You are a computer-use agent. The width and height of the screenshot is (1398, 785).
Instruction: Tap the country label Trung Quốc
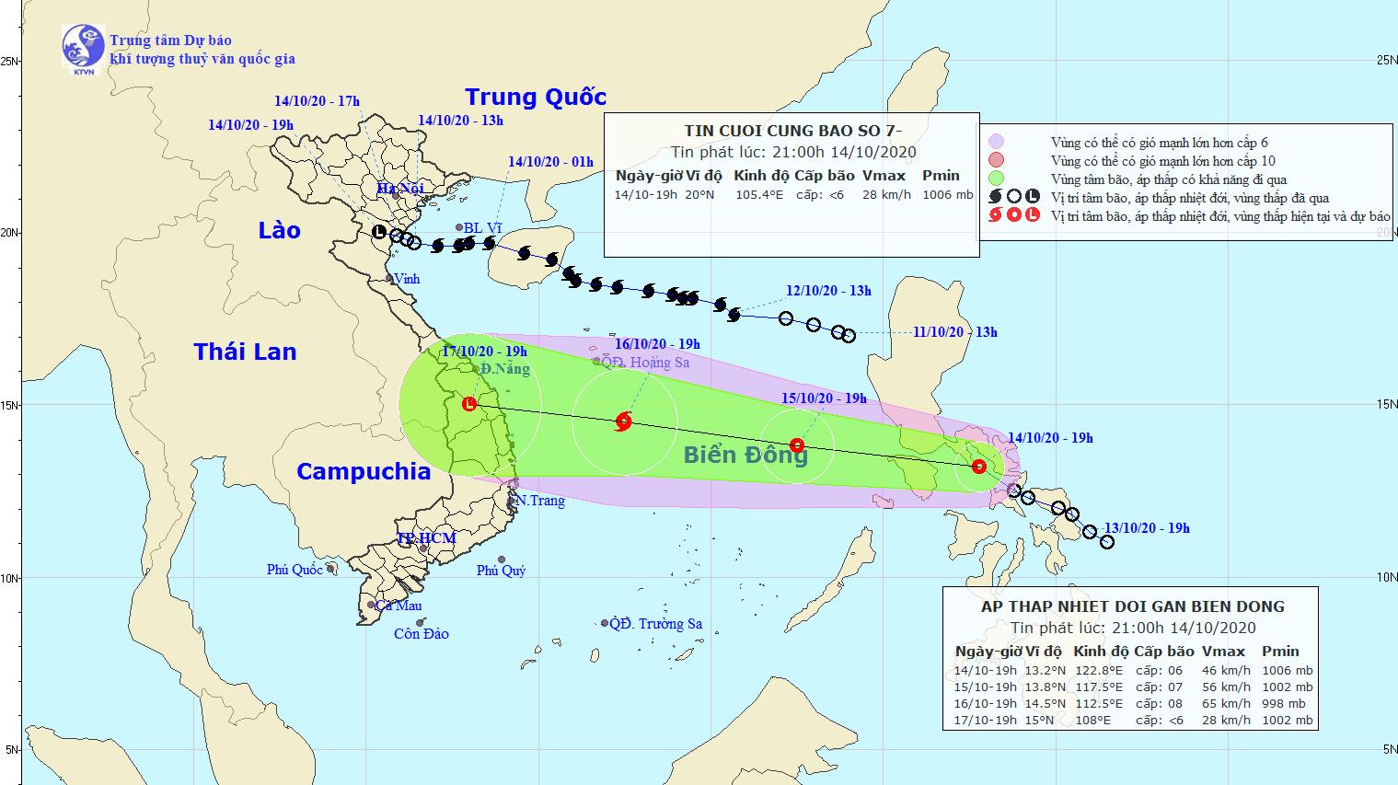536,97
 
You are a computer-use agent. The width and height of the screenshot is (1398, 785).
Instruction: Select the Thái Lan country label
245,351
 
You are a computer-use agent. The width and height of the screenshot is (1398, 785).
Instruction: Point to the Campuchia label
364,471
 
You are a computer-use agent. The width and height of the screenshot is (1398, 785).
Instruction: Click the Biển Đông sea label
745,455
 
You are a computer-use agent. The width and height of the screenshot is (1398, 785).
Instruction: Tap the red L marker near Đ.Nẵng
469,403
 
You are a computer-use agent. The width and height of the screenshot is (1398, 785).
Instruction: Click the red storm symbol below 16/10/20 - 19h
624,421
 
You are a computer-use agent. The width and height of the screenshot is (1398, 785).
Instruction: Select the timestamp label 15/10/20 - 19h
825,398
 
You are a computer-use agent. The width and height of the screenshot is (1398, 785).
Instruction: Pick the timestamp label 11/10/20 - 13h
954,332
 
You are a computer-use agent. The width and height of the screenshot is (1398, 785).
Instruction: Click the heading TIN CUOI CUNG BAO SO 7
791,131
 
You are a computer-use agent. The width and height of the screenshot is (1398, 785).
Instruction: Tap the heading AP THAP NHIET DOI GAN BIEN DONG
1132,606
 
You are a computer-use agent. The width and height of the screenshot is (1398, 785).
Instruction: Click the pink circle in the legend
996,143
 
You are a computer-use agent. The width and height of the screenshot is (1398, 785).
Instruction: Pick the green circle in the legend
996,179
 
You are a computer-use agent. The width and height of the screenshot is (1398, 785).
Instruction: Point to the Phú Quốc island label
295,570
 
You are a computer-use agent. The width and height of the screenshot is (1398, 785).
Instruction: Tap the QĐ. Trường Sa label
658,624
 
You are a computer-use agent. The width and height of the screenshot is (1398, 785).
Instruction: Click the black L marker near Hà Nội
379,232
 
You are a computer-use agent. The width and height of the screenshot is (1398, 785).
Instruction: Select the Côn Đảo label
422,634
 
